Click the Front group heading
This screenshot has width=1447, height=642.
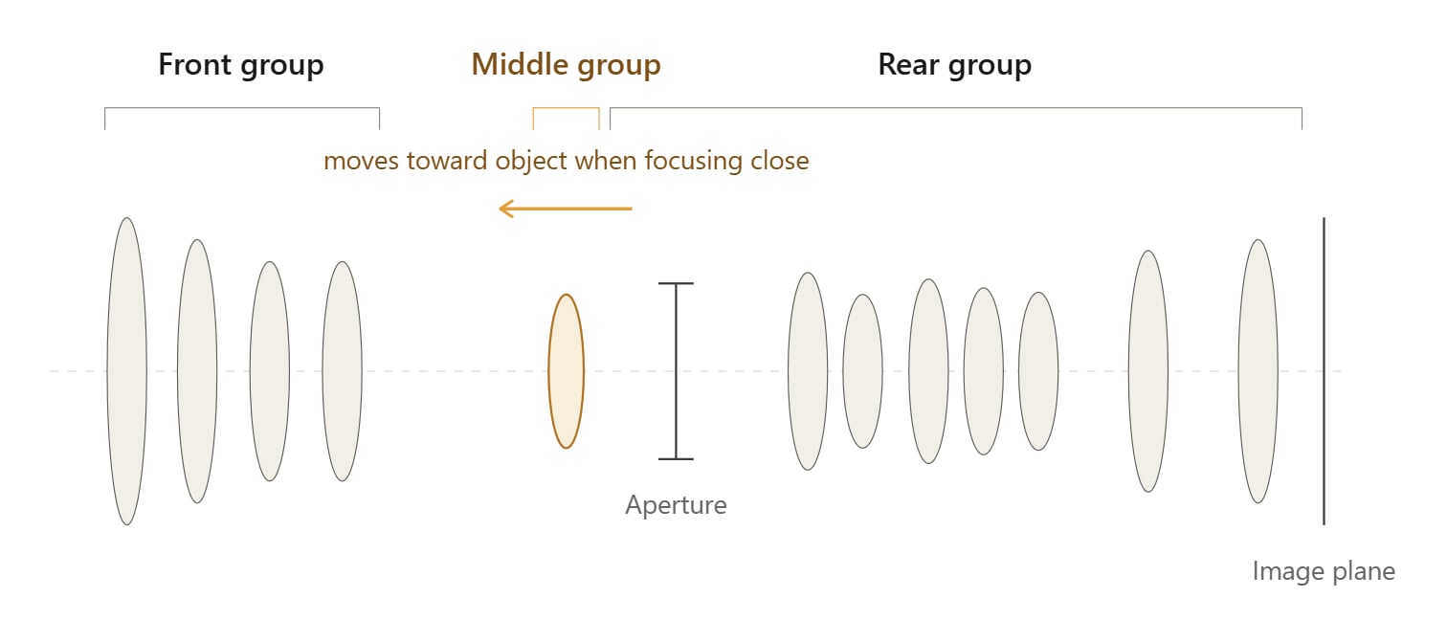(x=241, y=65)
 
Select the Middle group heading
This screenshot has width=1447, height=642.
(x=566, y=65)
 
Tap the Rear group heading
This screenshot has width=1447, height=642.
(x=955, y=65)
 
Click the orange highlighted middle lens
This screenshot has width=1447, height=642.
(x=566, y=371)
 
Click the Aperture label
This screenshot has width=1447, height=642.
(x=676, y=505)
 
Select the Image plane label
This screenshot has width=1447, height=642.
(x=1324, y=571)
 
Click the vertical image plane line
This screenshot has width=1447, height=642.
(x=1324, y=371)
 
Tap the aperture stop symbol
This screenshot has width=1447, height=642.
(x=676, y=371)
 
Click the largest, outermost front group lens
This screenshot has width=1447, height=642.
(x=126, y=371)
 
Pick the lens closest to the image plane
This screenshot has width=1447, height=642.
(x=1258, y=371)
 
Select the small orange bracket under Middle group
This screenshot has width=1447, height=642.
(x=566, y=108)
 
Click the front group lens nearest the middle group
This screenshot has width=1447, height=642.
(x=342, y=371)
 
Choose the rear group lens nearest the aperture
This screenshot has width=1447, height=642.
(x=808, y=371)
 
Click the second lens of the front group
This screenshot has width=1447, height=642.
(x=197, y=371)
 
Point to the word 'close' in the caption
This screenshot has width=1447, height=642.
(x=780, y=161)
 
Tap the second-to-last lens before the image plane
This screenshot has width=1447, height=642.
(x=1147, y=371)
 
